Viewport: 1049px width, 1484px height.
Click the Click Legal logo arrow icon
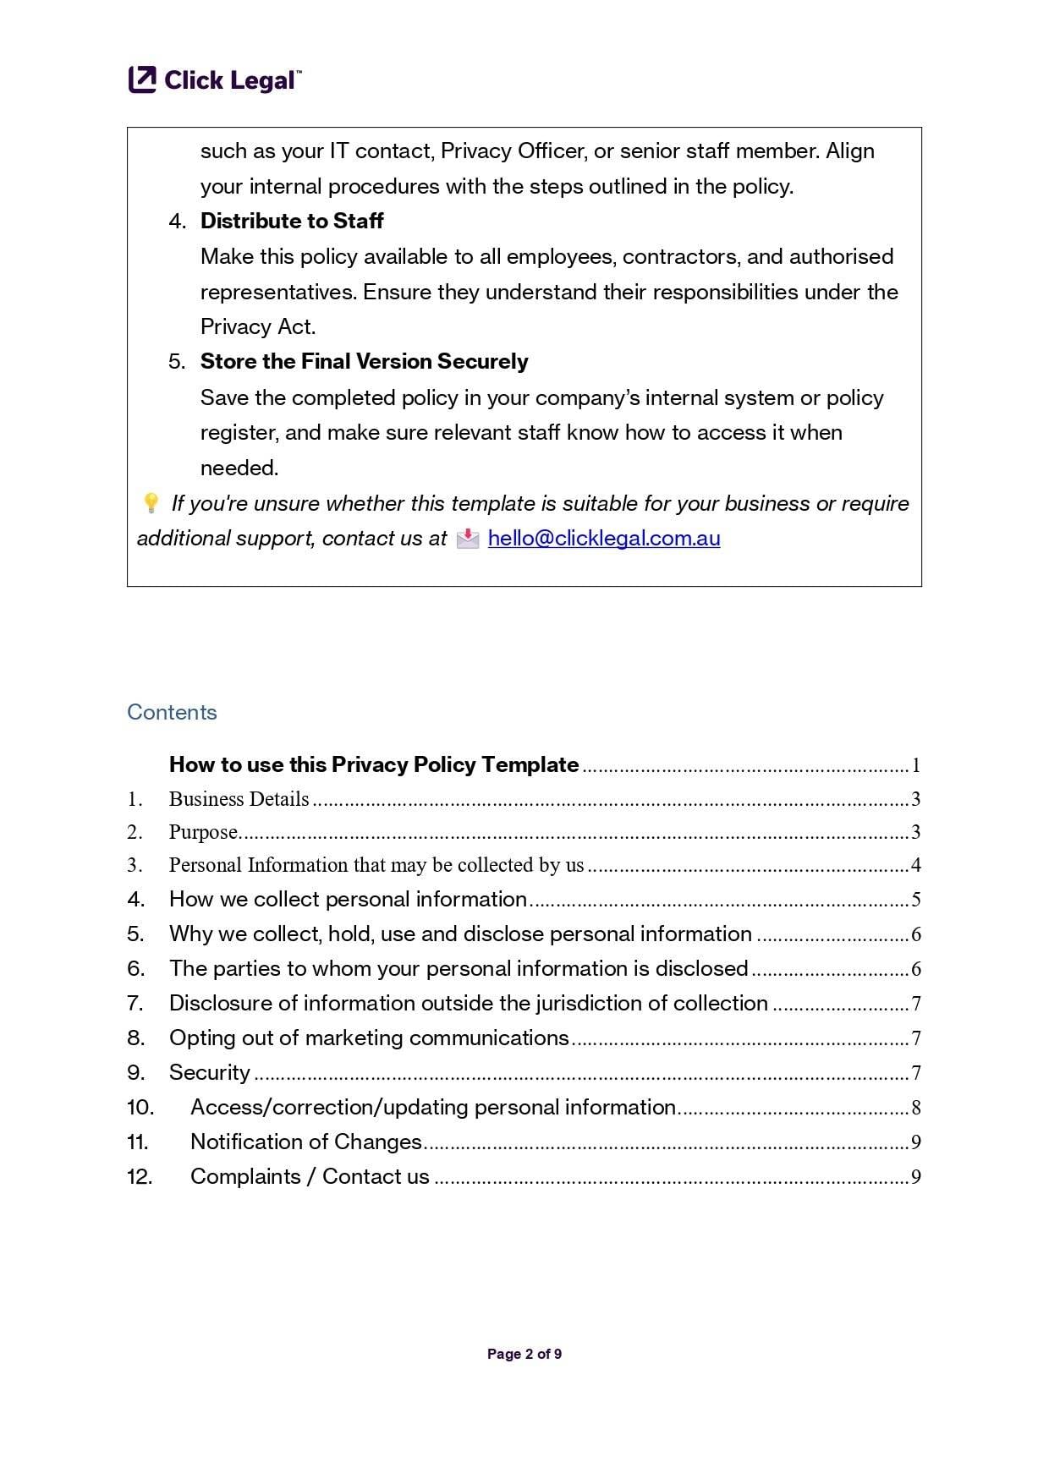(x=142, y=79)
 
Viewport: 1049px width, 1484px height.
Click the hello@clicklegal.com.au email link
(x=603, y=539)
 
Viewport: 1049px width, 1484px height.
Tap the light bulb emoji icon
(x=151, y=504)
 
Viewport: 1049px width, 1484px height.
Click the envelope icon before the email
(x=468, y=539)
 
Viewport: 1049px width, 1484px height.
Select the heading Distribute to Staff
(x=292, y=222)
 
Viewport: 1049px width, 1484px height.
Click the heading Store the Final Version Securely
(x=364, y=362)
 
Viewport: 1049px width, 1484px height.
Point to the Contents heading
(x=172, y=712)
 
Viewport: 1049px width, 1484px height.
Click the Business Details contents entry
(x=239, y=799)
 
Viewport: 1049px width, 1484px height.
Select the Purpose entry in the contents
(x=203, y=832)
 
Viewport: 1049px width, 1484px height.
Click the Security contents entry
(x=209, y=1072)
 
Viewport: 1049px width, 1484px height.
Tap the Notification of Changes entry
(x=305, y=1142)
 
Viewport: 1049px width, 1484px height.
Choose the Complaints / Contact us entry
(x=310, y=1176)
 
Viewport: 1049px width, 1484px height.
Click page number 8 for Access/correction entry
(x=915, y=1108)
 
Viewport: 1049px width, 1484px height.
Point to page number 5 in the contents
(x=915, y=900)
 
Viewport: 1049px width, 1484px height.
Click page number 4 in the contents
(x=915, y=865)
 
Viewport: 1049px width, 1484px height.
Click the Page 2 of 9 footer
(x=524, y=1354)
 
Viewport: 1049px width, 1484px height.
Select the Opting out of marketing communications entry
(x=369, y=1038)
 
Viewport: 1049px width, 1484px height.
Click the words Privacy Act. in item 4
(x=257, y=327)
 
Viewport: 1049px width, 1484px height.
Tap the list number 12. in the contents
(x=140, y=1176)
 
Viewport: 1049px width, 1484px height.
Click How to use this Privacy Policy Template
(x=374, y=764)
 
